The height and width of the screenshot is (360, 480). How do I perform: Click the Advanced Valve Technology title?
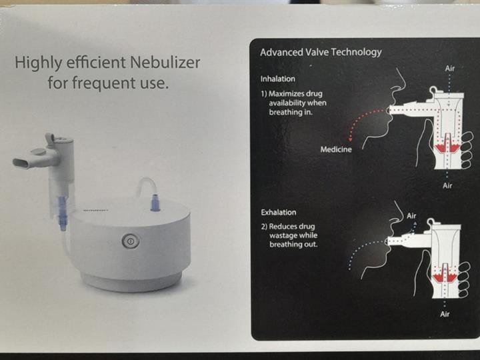coord(321,52)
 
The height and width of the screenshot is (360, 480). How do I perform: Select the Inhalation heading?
coord(278,79)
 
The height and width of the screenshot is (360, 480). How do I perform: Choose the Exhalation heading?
coord(279,212)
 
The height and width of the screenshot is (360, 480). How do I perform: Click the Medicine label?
coord(336,149)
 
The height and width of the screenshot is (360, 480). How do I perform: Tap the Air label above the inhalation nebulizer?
coord(451,69)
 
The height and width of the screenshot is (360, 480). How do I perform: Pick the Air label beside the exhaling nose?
coord(411,216)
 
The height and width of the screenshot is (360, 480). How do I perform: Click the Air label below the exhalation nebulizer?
coord(445,314)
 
